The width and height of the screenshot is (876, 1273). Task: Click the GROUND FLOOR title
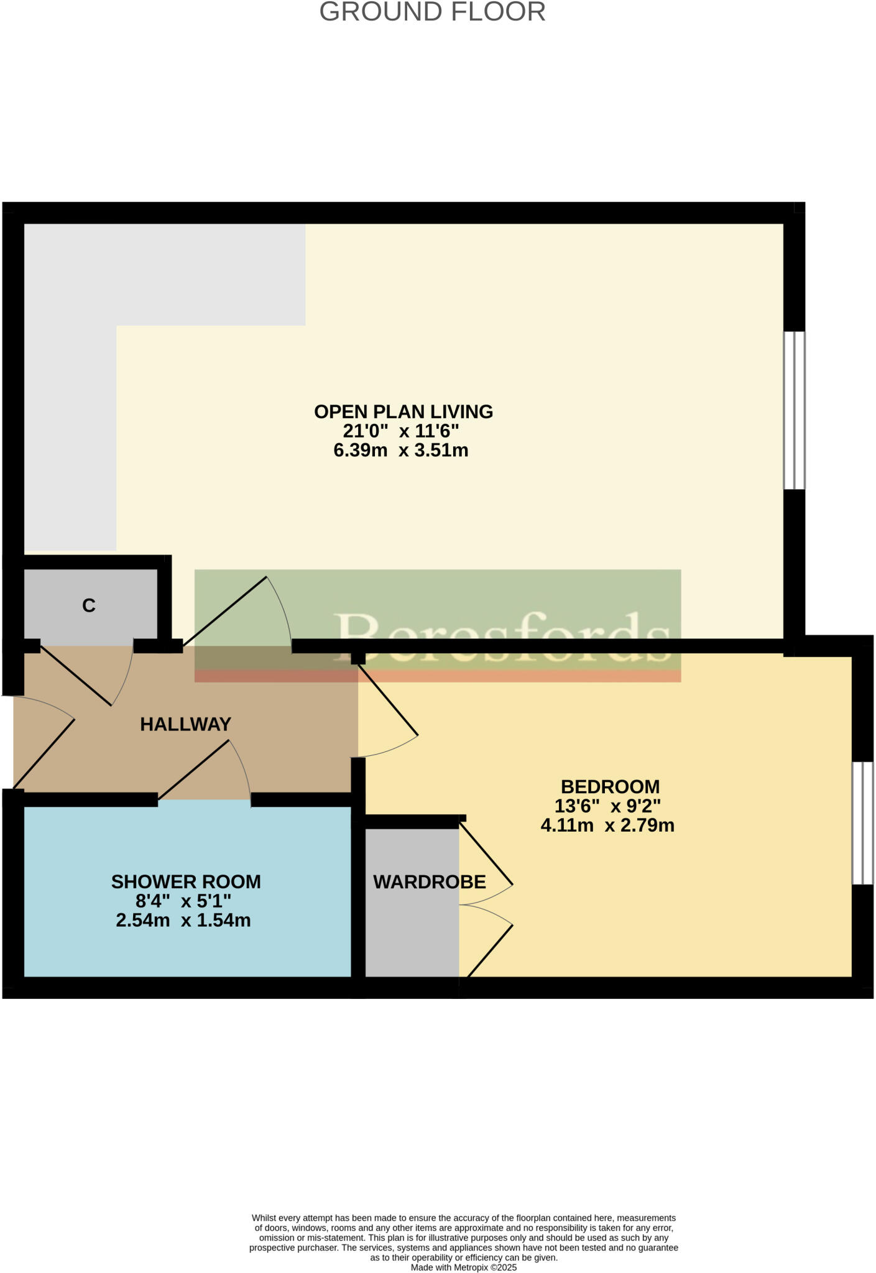tap(432, 12)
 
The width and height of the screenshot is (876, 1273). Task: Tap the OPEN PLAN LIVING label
tap(403, 411)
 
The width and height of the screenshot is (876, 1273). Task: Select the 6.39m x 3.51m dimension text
tap(400, 450)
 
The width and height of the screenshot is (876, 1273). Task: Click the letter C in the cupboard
tap(89, 605)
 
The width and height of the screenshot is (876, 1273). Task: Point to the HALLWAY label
tap(185, 724)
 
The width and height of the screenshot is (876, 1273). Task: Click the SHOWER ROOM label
tap(186, 881)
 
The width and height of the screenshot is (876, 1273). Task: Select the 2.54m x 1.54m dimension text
tap(183, 920)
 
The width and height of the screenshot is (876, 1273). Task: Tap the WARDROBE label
tap(429, 881)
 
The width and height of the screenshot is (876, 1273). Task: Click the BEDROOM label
tap(610, 786)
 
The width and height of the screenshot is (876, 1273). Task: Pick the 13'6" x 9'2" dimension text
tap(607, 806)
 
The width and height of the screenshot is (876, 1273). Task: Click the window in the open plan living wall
tap(794, 410)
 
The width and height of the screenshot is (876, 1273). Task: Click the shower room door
tap(194, 770)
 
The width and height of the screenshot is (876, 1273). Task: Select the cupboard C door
tap(76, 675)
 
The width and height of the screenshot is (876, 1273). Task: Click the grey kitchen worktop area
tap(70, 385)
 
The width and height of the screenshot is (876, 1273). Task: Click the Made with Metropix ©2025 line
tap(463, 1267)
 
